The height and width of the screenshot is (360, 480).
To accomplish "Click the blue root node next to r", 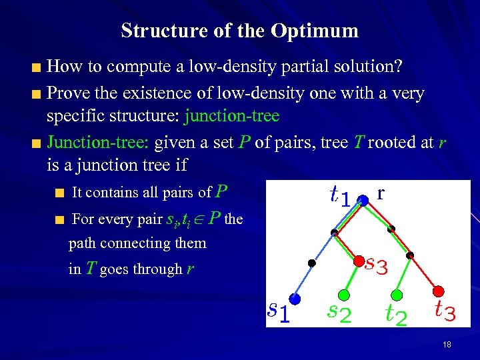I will [363, 199].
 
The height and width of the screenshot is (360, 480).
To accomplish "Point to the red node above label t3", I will [439, 290].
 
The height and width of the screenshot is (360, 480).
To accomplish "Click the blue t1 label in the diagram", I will [340, 195].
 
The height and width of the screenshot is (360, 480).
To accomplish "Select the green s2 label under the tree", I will [339, 312].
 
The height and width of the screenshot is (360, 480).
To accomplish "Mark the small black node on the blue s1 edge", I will [311, 263].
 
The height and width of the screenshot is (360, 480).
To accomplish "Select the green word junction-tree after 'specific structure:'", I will [231, 116].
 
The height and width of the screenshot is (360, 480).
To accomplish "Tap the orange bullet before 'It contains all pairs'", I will [59, 194].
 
